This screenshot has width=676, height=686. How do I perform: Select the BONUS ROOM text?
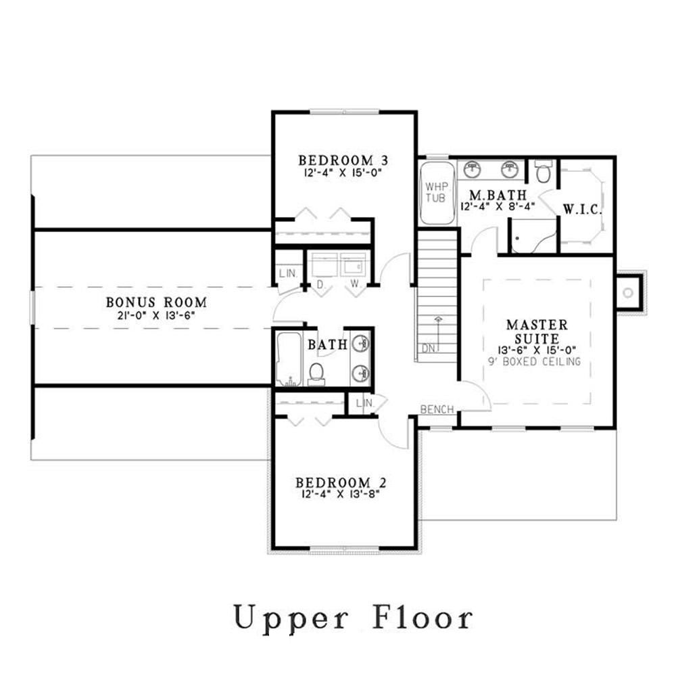[156, 302]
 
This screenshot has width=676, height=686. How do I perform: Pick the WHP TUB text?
[435, 191]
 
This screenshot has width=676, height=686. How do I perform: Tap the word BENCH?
[437, 409]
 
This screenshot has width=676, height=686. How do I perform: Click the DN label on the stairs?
[427, 349]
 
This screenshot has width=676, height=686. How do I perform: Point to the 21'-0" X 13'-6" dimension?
[156, 315]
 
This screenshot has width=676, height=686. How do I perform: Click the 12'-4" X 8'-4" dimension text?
[498, 207]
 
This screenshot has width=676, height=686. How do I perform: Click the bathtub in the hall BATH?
[289, 359]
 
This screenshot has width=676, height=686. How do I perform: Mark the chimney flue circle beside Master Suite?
[628, 293]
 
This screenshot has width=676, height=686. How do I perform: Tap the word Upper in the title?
[290, 618]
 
